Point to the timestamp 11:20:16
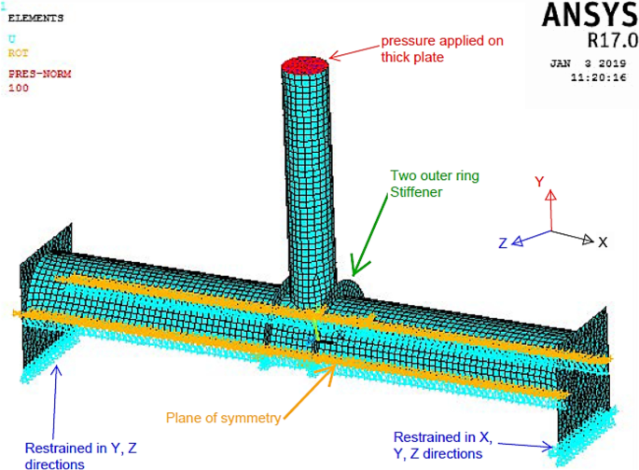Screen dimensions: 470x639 598,79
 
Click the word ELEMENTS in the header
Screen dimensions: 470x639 36,18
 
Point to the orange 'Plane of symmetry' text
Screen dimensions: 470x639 223,418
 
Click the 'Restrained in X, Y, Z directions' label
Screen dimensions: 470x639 438,446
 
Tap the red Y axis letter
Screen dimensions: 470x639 539,182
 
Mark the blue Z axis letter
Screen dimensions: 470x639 503,243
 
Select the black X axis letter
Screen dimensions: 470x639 603,242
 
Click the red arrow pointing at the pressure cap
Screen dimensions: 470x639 353,53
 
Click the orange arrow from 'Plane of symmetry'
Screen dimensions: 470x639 309,389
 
